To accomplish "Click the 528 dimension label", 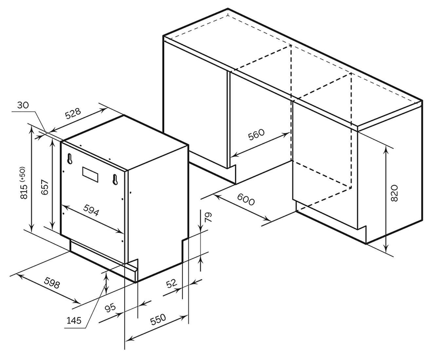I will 73,114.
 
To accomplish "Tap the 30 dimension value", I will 23,105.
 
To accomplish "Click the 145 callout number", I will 74,320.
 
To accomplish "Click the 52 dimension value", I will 171,283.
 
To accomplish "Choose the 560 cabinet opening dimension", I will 256,135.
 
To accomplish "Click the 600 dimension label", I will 246,199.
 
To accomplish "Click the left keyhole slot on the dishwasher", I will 69,158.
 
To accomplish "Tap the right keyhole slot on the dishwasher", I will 115,180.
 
